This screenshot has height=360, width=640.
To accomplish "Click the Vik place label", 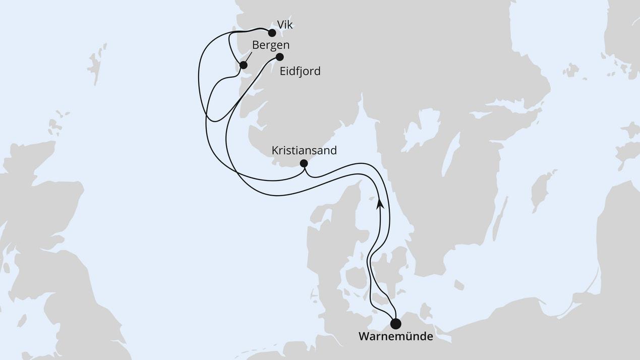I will click(284, 24).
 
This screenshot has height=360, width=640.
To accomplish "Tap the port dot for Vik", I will click(272, 33).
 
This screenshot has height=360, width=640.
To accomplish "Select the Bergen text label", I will click(270, 45).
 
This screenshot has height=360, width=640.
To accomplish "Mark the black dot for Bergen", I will click(243, 65).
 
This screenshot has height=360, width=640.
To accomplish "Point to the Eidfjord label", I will click(300, 72).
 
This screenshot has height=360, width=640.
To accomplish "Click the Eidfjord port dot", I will click(279, 57).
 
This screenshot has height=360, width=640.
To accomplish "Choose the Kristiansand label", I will click(304, 150).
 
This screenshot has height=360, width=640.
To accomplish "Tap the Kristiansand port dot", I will click(304, 163).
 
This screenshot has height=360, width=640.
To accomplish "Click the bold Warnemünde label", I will click(395, 336).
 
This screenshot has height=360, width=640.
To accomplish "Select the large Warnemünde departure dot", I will click(396, 323).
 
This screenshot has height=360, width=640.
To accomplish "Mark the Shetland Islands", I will click(96, 63).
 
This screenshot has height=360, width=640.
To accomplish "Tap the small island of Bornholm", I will click(458, 285).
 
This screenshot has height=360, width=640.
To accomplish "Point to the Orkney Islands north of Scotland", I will click(55, 125).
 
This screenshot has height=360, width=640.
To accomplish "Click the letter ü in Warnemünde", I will click(409, 336).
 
